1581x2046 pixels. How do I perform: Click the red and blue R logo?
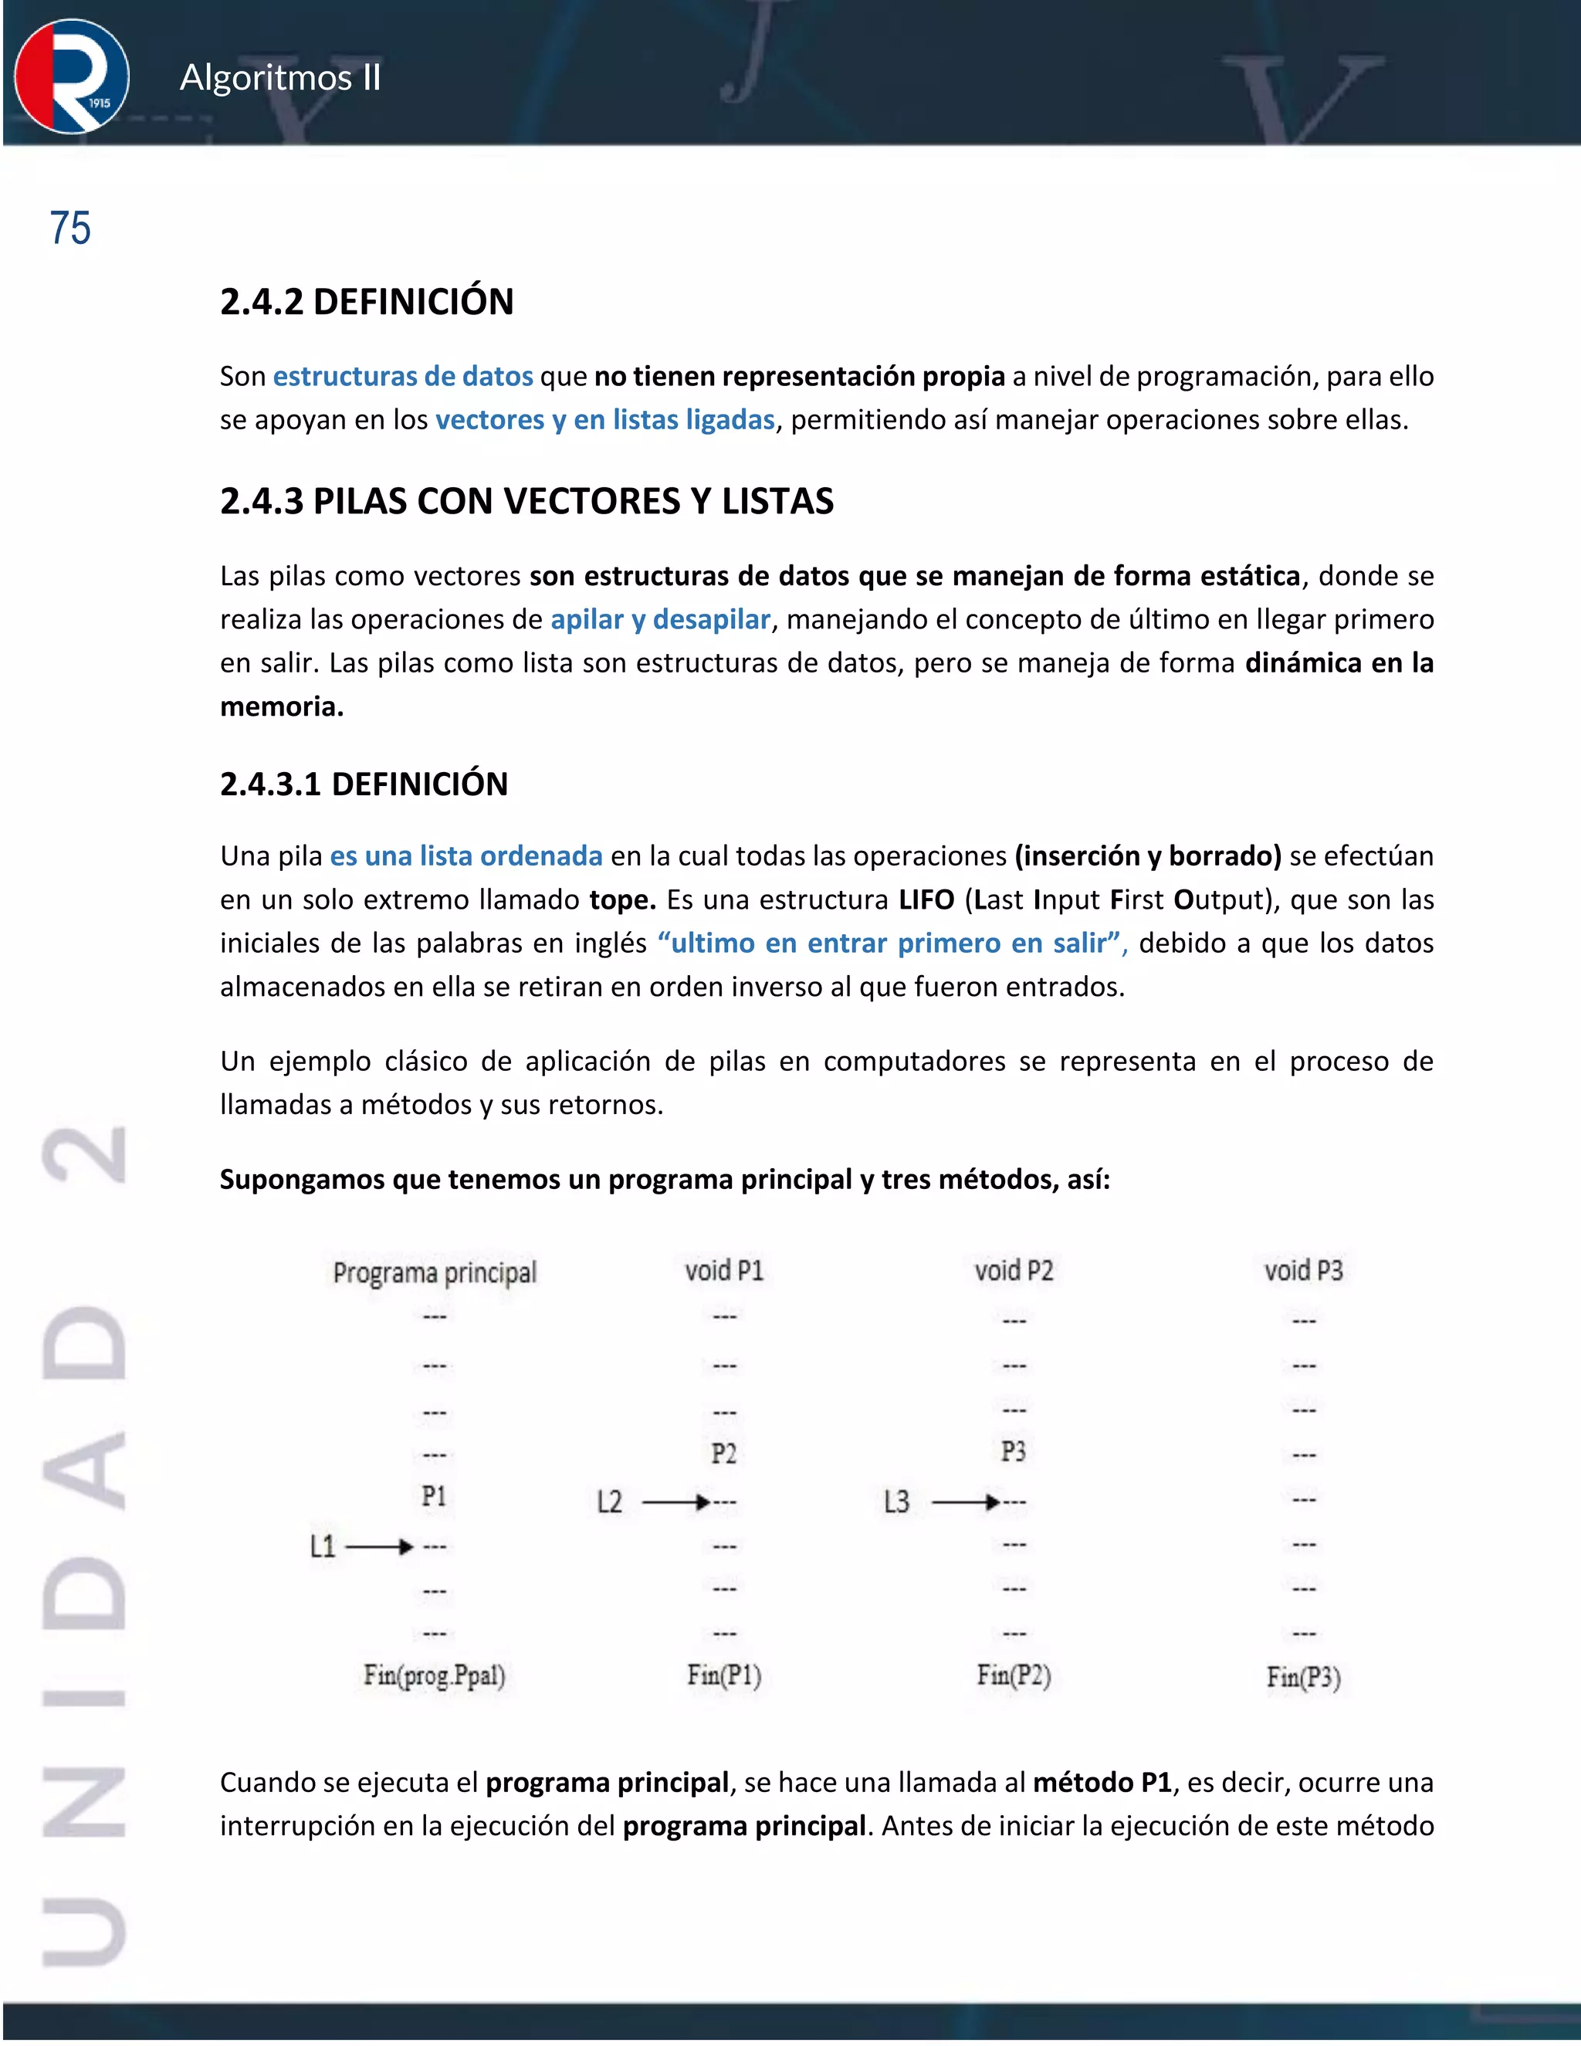[71, 76]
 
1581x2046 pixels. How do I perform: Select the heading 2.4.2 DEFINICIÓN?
[366, 302]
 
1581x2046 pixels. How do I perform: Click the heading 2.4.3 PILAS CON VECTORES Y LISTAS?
[526, 501]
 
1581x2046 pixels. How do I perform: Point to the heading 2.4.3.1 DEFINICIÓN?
[364, 783]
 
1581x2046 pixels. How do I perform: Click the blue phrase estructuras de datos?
[403, 377]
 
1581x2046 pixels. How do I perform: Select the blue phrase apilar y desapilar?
[660, 619]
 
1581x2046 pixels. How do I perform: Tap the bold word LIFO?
[926, 899]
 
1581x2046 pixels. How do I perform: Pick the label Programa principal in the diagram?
[435, 1272]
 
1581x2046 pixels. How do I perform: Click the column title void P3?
[1303, 1270]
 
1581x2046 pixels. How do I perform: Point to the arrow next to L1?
[379, 1546]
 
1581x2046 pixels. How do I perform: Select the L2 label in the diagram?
[610, 1502]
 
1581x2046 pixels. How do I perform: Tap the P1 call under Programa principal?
[434, 1496]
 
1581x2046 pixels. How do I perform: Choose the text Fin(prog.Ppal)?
[435, 1675]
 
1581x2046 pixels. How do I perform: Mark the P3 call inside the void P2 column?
[1014, 1452]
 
